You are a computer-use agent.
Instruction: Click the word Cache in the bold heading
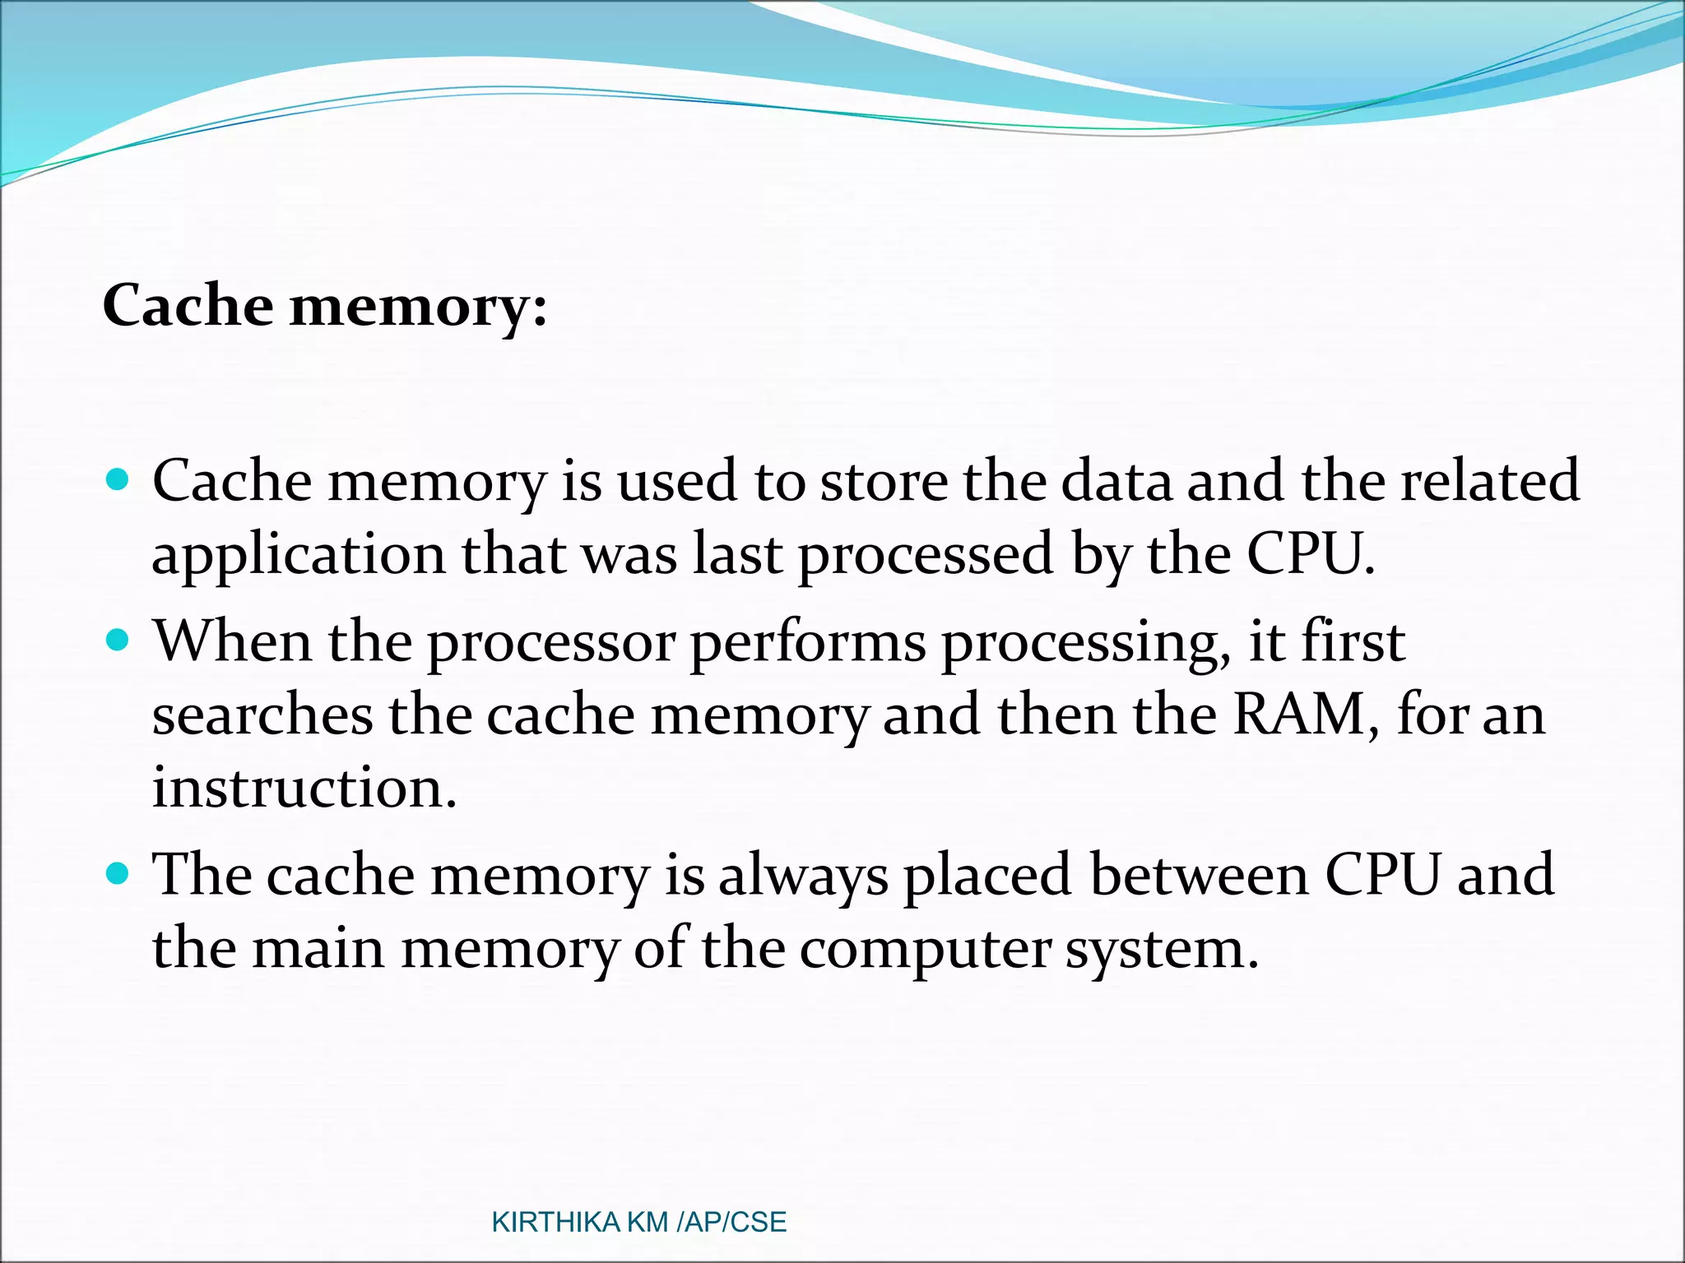click(x=187, y=306)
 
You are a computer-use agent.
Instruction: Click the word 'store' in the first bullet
click(x=884, y=481)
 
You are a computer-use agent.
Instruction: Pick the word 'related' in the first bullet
click(x=1490, y=481)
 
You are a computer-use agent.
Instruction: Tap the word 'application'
click(x=299, y=557)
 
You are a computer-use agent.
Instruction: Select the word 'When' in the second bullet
click(x=233, y=641)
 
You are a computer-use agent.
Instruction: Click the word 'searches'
click(x=262, y=715)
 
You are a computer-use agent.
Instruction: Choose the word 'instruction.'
click(x=304, y=788)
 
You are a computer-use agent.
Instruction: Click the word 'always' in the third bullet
click(x=803, y=877)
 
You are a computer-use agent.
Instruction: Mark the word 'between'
click(x=1199, y=875)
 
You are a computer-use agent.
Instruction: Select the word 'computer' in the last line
click(x=925, y=951)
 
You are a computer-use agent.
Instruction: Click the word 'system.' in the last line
click(x=1162, y=951)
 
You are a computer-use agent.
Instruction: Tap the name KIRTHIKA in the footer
click(x=555, y=1222)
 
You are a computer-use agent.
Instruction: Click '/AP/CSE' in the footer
click(x=731, y=1222)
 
